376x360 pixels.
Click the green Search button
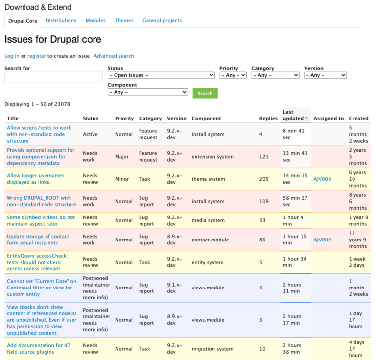tap(205, 93)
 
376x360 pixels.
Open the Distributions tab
tap(61, 21)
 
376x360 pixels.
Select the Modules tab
tap(95, 21)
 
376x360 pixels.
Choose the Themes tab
tap(124, 21)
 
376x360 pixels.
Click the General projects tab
tap(162, 21)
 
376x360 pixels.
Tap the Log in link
tap(12, 56)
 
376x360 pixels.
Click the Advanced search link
tap(114, 56)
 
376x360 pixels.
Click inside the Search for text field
tap(53, 77)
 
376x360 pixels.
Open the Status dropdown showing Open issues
tap(161, 75)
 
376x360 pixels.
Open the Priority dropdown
tap(233, 75)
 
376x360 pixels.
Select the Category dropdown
tap(275, 75)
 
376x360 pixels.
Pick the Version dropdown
tap(325, 75)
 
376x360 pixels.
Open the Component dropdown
tap(147, 92)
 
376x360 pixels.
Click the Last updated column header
tap(293, 115)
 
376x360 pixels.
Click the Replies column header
tap(268, 119)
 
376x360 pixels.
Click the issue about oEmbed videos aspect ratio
tap(41, 220)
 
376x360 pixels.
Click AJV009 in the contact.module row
tap(322, 240)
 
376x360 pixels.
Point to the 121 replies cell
tap(264, 157)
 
